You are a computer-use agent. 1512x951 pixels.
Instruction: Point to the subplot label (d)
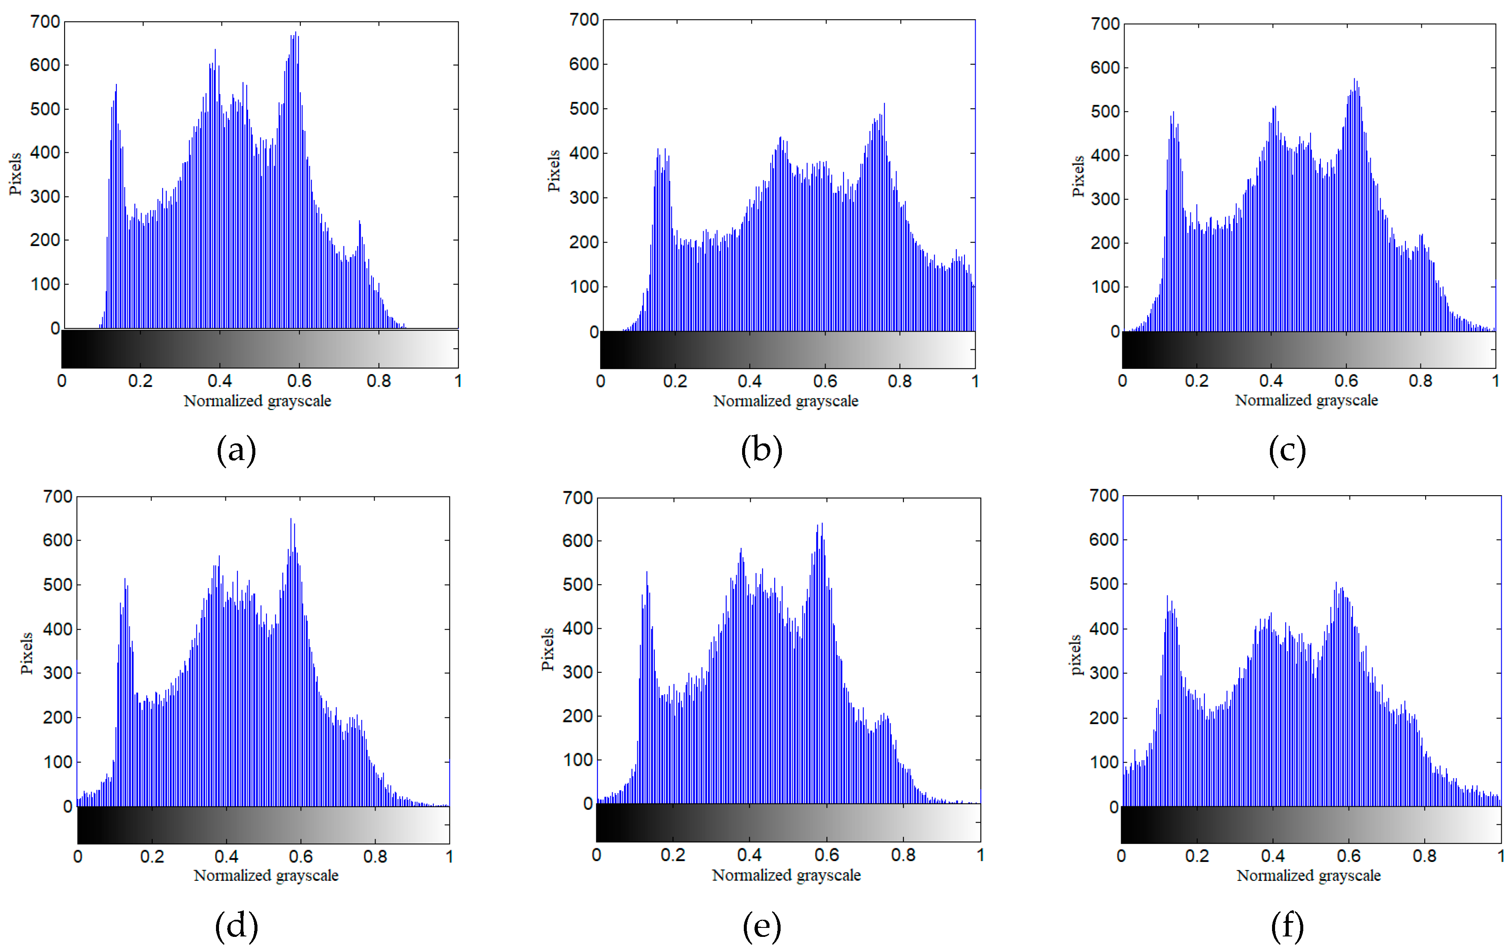click(236, 926)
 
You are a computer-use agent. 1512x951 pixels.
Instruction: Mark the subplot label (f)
click(1287, 926)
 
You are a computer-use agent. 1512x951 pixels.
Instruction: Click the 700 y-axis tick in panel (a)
click(45, 22)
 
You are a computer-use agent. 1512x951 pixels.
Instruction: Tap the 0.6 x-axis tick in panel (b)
click(825, 381)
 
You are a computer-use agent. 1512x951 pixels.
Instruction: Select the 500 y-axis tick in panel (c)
click(1105, 112)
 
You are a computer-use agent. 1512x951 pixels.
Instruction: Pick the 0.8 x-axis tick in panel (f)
click(1424, 856)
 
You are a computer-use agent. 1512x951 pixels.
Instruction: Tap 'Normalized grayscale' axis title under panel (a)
click(257, 401)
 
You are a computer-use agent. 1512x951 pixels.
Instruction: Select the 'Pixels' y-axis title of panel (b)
click(553, 171)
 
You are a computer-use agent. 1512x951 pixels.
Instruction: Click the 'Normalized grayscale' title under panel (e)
click(786, 875)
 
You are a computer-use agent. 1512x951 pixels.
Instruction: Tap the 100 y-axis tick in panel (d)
click(57, 762)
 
